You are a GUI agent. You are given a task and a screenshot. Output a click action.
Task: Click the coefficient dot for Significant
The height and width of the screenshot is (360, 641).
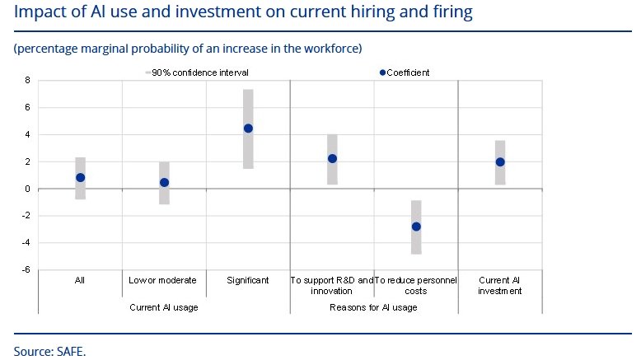(x=248, y=129)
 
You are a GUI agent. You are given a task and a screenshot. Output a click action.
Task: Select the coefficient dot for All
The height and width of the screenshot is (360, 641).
(x=80, y=177)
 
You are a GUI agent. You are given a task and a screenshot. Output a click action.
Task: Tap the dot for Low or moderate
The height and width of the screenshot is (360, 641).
(x=164, y=183)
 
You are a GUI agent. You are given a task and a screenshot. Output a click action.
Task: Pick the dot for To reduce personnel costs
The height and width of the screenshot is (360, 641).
(x=416, y=227)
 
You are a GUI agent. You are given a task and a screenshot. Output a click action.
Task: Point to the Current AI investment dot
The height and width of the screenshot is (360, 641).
(x=500, y=161)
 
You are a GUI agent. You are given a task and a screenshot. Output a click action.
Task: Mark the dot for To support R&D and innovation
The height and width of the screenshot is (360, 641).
(x=332, y=158)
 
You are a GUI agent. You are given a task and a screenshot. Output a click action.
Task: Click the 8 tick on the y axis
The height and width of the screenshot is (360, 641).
(x=27, y=81)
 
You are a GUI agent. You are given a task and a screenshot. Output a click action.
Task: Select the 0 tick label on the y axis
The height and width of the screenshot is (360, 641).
(x=27, y=189)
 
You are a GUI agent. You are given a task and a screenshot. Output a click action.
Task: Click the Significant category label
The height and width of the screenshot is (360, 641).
(x=248, y=280)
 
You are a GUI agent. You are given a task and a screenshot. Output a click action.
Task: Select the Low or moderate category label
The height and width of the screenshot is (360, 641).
(x=163, y=280)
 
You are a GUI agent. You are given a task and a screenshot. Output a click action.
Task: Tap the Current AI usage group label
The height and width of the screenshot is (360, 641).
(x=163, y=307)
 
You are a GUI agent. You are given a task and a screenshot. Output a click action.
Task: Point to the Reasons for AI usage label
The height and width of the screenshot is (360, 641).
(x=373, y=307)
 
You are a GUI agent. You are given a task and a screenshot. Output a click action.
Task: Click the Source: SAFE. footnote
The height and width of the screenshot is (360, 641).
(x=49, y=351)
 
